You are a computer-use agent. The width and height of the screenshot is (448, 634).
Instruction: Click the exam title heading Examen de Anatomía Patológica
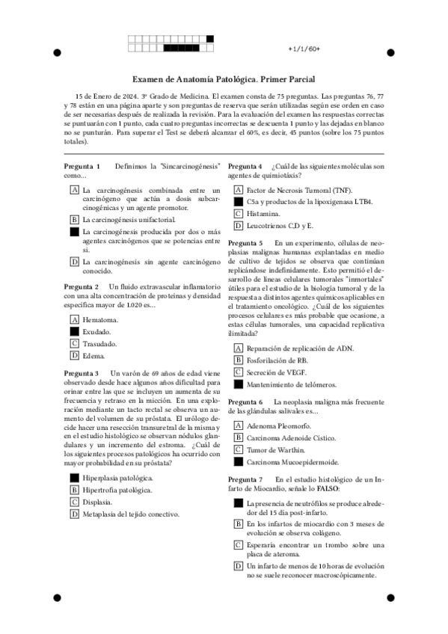(223, 79)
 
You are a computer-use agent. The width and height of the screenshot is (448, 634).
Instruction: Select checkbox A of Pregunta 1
(74, 190)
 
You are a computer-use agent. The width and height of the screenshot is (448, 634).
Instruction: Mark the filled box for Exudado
(74, 330)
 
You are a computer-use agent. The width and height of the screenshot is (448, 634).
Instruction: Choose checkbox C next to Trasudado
(74, 343)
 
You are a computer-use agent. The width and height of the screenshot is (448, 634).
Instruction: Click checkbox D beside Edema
(74, 356)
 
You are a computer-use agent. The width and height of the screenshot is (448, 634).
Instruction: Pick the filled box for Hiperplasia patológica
(74, 477)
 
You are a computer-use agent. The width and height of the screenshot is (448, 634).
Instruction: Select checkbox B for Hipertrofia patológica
(74, 490)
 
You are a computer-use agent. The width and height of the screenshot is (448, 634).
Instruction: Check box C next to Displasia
(74, 502)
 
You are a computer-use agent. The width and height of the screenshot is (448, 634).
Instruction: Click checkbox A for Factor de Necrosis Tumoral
(239, 190)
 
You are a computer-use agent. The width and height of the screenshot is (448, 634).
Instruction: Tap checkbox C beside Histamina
(239, 213)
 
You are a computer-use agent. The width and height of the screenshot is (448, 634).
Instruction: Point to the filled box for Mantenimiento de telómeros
(239, 384)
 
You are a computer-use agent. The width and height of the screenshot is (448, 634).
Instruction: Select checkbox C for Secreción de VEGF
(239, 372)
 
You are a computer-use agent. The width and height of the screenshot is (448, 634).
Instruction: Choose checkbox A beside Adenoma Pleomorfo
(239, 425)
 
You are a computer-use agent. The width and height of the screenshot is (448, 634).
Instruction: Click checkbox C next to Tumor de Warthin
(239, 449)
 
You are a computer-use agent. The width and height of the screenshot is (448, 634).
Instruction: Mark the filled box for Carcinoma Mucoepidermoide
(239, 462)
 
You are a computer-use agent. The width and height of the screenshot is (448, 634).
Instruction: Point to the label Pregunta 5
(245, 243)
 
